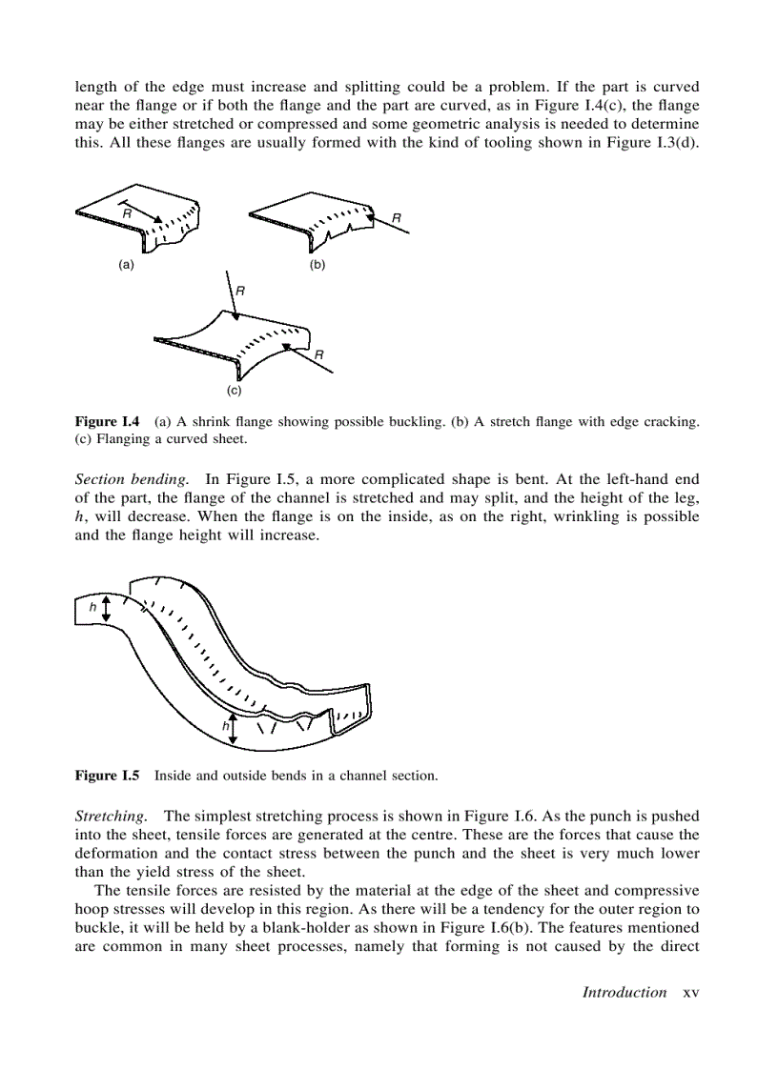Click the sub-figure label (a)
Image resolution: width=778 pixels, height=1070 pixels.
coord(125,265)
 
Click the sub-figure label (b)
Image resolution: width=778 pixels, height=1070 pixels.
coord(318,265)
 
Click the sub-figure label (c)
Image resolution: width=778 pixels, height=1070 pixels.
coord(234,391)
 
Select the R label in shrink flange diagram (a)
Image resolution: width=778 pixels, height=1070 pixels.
coord(126,215)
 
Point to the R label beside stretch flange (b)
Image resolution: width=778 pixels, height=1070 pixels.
coord(396,218)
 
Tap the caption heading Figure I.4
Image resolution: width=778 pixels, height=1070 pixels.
coord(108,421)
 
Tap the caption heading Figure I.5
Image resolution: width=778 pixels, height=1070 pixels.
coord(108,776)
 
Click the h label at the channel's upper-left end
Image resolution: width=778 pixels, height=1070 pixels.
coord(92,606)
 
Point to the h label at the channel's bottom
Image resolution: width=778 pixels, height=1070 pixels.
coord(226,726)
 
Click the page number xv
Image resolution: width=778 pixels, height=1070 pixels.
coord(691,992)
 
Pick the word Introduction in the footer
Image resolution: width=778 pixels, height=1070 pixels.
coord(624,992)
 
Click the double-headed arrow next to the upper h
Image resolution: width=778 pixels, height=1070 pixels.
coord(106,606)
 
